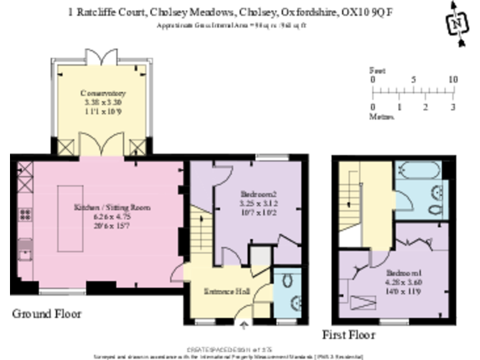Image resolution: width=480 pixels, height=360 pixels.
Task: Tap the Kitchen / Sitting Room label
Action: click(112, 207)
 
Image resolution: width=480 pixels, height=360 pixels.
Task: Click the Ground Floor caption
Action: click(47, 313)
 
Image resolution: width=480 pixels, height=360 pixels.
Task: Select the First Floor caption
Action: click(348, 335)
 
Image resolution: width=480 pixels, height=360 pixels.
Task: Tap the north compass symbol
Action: click(457, 22)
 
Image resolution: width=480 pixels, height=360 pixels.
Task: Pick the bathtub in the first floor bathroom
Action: click(418, 170)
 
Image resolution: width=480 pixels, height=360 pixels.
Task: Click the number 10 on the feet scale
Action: click(453, 80)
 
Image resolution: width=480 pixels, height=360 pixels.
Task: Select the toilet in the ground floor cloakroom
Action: click(287, 282)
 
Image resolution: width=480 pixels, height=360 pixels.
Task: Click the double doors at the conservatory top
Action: click(102, 56)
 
